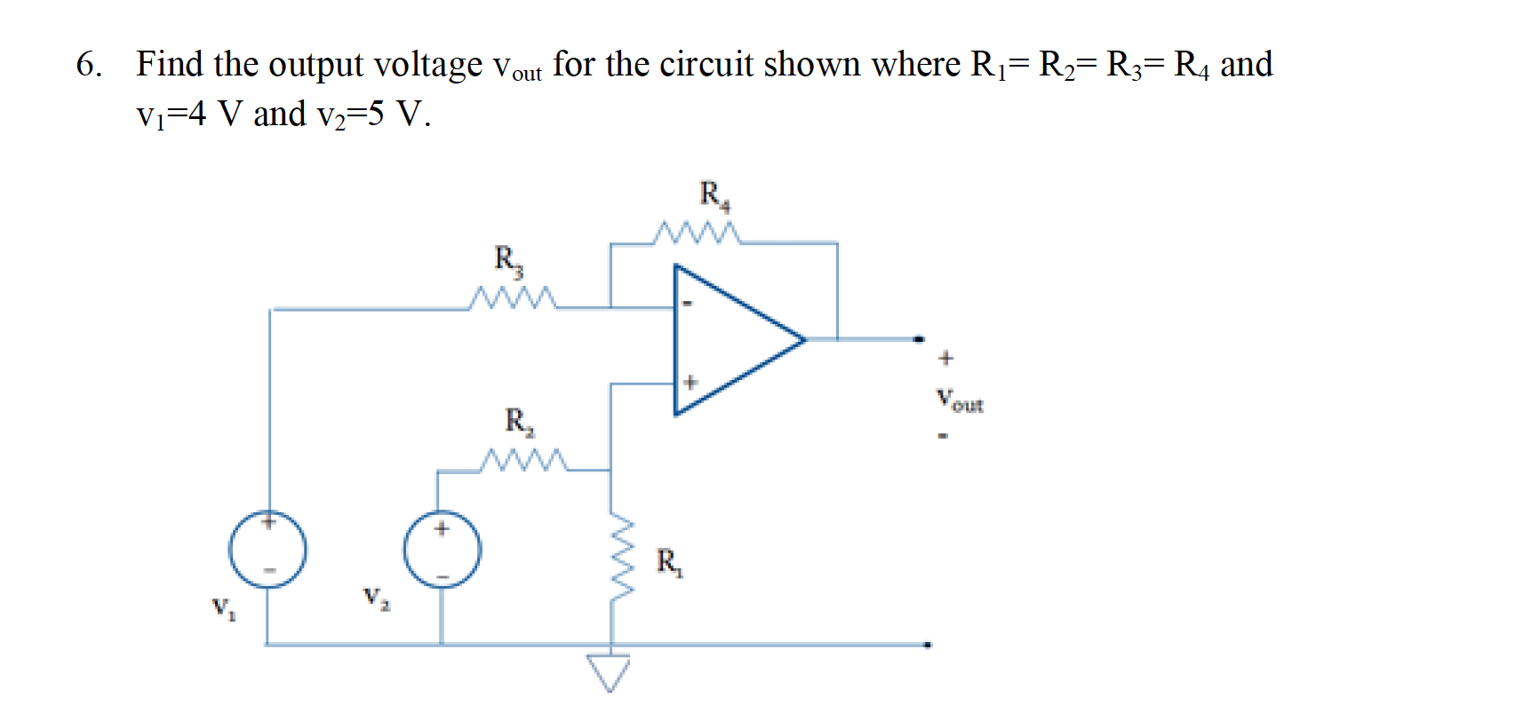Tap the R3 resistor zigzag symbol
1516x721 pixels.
pyautogui.click(x=514, y=298)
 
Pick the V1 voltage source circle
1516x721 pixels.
pyautogui.click(x=267, y=549)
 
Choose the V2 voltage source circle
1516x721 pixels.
pyautogui.click(x=443, y=549)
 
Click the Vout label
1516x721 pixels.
pyautogui.click(x=960, y=400)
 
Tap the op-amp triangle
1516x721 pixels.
pyautogui.click(x=729, y=339)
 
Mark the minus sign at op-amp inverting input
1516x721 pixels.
pyautogui.click(x=686, y=305)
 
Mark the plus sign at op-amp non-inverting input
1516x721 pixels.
pyautogui.click(x=690, y=383)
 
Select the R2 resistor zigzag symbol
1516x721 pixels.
pyautogui.click(x=523, y=461)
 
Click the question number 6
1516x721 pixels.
pyautogui.click(x=88, y=64)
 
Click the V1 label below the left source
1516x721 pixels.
pyautogui.click(x=223, y=608)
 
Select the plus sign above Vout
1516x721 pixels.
pyautogui.click(x=946, y=359)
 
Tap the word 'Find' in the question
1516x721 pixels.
pyautogui.click(x=170, y=64)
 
